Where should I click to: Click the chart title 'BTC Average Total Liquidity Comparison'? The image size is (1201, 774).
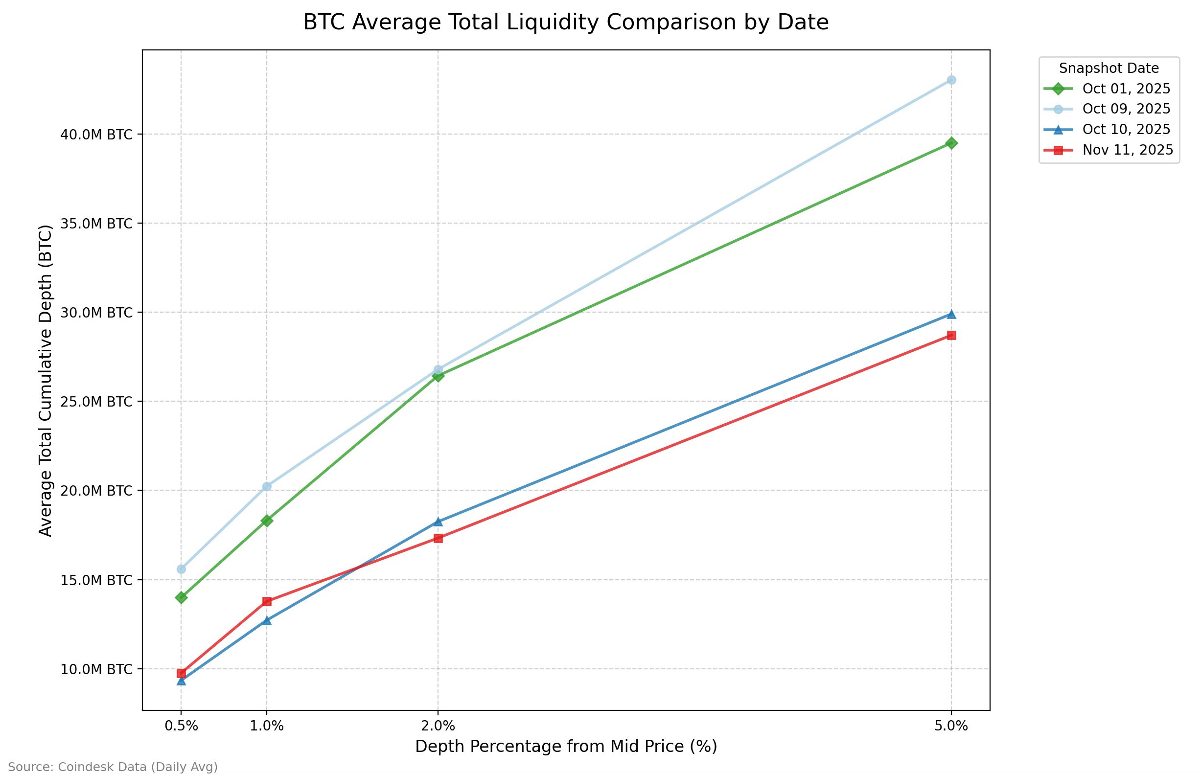[566, 23]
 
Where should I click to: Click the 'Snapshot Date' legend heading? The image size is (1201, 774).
[1109, 68]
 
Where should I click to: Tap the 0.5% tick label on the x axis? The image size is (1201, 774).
[181, 726]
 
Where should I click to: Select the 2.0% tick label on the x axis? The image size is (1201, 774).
[438, 726]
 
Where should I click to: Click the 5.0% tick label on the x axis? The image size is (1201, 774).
[951, 726]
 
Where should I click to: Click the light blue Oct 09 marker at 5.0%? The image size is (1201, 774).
[951, 80]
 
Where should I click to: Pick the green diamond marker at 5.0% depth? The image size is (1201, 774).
[951, 143]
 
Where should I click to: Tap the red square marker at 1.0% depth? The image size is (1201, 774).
[267, 601]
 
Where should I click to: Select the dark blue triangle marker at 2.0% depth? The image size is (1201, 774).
[438, 522]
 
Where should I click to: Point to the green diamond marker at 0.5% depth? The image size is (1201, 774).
[181, 597]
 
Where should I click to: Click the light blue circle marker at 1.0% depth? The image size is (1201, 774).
[267, 486]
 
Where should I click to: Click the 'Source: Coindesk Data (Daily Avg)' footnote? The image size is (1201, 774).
[113, 767]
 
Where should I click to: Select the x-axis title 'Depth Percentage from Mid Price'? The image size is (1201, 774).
[566, 747]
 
